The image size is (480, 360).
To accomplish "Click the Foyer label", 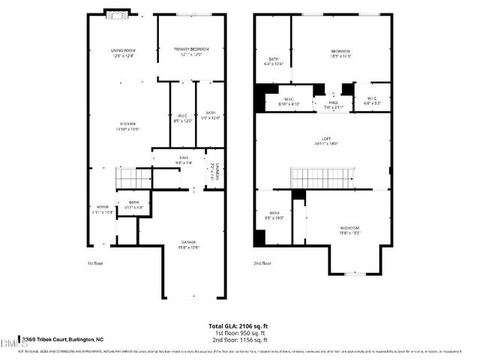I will click(x=102, y=208).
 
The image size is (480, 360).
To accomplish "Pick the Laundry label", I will click(x=214, y=172).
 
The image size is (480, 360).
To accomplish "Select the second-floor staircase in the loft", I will click(x=320, y=178).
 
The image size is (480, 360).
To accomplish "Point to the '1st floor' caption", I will click(x=94, y=263).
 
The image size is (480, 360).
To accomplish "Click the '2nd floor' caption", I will click(x=262, y=263).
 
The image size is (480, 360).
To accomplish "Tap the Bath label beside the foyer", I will click(x=133, y=203).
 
